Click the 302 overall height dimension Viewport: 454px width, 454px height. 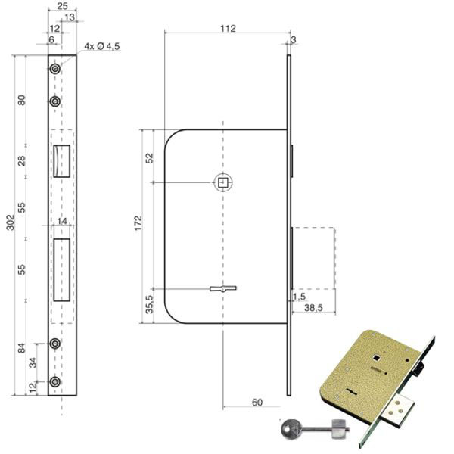pos(10,222)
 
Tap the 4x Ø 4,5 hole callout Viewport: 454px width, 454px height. pos(102,46)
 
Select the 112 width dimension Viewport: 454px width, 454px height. pos(228,29)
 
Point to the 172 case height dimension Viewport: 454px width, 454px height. pos(138,222)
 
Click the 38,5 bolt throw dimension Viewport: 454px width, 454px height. pos(313,308)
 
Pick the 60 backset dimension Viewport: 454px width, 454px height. pos(257,403)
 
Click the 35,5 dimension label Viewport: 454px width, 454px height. pos(149,304)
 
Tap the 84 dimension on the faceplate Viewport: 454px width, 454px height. pos(22,348)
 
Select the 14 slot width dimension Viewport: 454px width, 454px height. pos(62,221)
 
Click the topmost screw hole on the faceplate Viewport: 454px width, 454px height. pos(55,69)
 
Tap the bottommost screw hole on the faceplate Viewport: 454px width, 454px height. pos(55,382)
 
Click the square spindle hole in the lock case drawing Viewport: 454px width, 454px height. pos(222,182)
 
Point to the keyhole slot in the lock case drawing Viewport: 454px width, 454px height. pos(223,288)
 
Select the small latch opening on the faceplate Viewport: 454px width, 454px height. pos(62,161)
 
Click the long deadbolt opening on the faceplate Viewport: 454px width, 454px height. pos(62,270)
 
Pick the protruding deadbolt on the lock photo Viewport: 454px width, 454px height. pos(397,410)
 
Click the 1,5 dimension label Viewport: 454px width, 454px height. pos(299,296)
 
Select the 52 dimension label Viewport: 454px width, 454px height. pos(149,158)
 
